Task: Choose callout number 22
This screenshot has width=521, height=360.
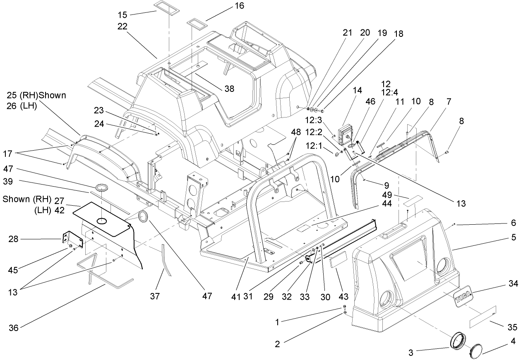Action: (x=122, y=26)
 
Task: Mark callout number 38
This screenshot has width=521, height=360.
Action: (x=229, y=89)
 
